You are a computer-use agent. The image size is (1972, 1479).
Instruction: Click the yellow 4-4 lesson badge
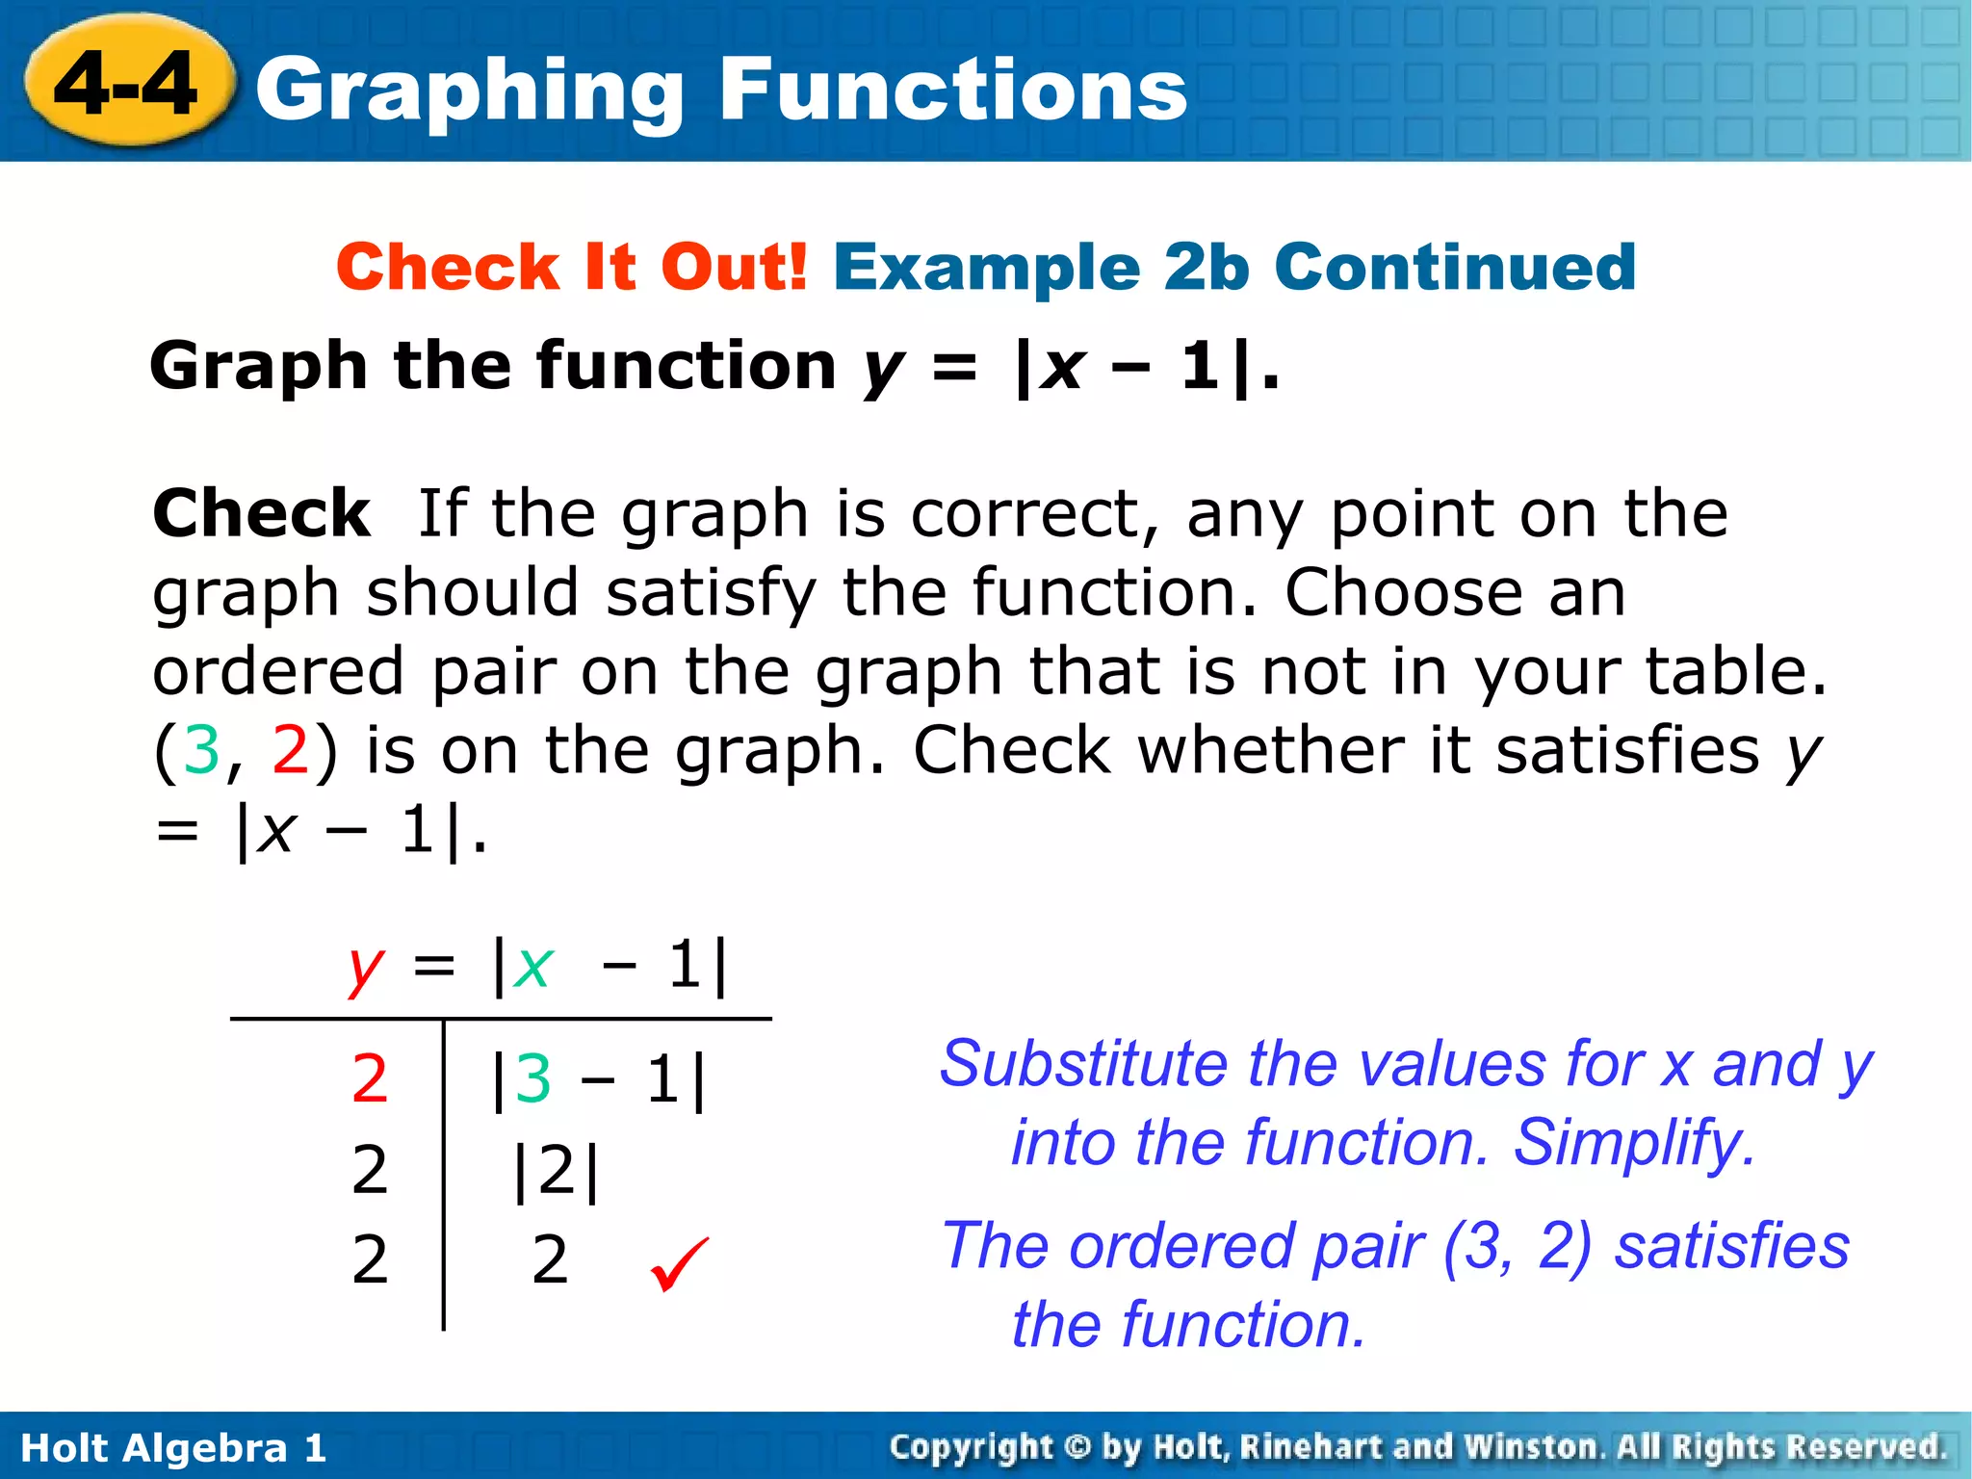[127, 85]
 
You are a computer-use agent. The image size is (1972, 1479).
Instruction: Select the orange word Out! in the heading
[734, 267]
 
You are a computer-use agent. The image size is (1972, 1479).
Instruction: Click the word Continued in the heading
[1455, 267]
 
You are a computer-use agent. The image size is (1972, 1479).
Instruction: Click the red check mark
[679, 1263]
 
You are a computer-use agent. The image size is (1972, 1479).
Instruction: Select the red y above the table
[366, 967]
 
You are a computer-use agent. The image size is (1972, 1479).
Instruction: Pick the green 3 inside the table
[533, 1079]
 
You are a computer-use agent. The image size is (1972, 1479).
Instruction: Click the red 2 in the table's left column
[370, 1079]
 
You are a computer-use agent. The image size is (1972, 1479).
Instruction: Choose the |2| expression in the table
[557, 1171]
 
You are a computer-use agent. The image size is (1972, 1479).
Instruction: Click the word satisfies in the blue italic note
[1731, 1245]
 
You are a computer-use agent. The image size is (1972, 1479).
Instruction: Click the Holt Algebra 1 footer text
[173, 1448]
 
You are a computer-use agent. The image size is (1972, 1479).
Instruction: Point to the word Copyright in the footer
[971, 1447]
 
